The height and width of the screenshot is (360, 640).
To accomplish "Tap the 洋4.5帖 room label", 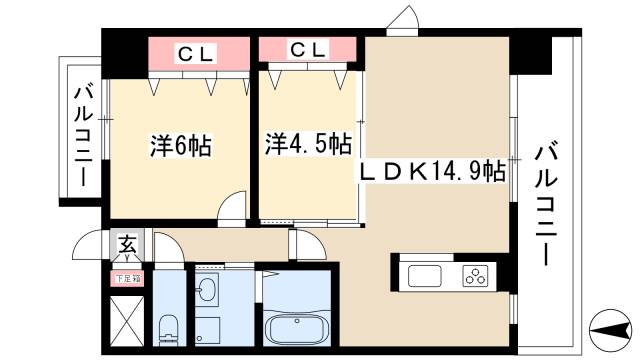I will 308,143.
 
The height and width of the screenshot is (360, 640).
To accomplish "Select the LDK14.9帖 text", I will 432,171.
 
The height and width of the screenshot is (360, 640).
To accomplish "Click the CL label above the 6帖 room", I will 197,51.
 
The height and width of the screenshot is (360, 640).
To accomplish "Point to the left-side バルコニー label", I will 81,137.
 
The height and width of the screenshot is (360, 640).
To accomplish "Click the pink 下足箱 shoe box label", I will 127,280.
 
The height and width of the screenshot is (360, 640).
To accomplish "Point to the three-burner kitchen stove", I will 474,275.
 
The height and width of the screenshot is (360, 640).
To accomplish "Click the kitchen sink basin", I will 424,275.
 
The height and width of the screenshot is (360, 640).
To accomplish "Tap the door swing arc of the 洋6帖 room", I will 233,208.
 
